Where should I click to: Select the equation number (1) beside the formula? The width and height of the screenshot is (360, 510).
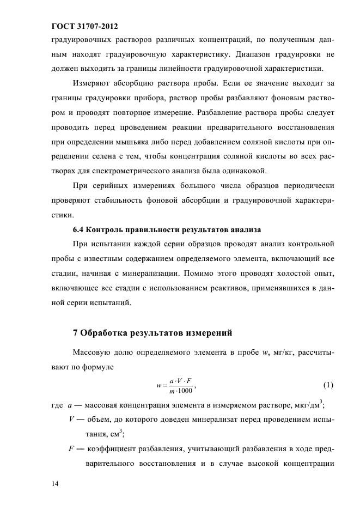pos(328,385)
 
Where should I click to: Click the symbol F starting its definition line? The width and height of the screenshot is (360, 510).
pos(71,447)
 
